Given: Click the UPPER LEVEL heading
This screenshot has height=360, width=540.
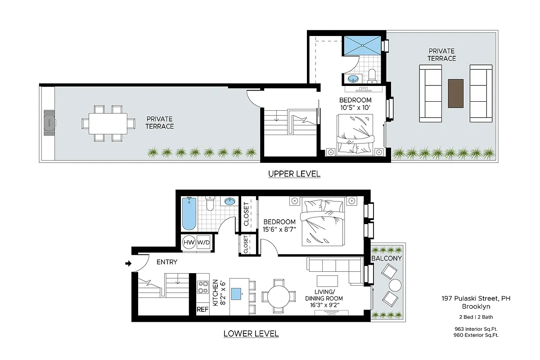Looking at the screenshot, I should pos(294,174).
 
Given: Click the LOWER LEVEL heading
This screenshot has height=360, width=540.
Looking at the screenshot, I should pos(251,334).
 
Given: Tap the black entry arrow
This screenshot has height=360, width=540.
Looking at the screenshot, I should pos(128,263).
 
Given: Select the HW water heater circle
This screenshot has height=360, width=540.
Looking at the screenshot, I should pos(189,243).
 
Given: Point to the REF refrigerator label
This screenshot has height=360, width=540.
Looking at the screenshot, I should pos(202,310).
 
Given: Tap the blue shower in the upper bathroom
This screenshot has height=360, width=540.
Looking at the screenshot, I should pos(362,45).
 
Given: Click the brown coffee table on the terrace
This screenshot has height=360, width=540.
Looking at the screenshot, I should pos(455,93).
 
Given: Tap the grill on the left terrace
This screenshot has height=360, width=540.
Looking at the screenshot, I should pos(48,123).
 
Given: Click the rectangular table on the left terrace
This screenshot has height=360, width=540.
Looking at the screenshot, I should pos(108,123).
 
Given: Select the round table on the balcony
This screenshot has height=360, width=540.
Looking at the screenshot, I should pos(395,285).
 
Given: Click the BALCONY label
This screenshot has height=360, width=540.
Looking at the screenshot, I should pos(386,259).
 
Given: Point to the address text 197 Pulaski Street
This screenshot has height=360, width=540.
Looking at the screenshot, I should pos(476,298).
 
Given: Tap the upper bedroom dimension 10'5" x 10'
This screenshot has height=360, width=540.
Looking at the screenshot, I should pos(355,108).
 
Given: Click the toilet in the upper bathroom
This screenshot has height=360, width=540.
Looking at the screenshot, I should pos(372,76).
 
